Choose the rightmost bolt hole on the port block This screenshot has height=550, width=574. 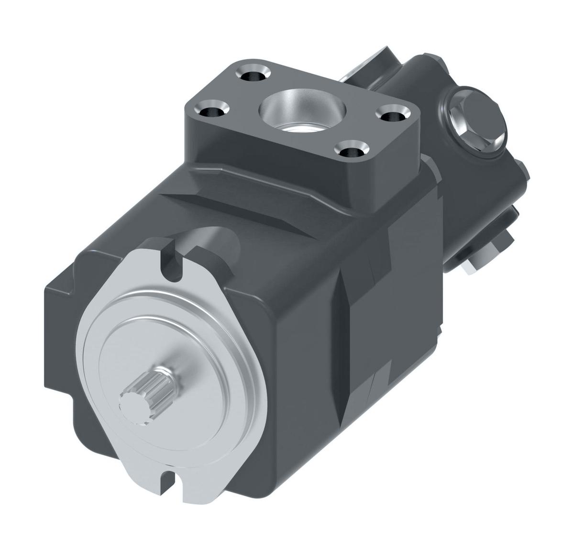pyautogui.click(x=394, y=116)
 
